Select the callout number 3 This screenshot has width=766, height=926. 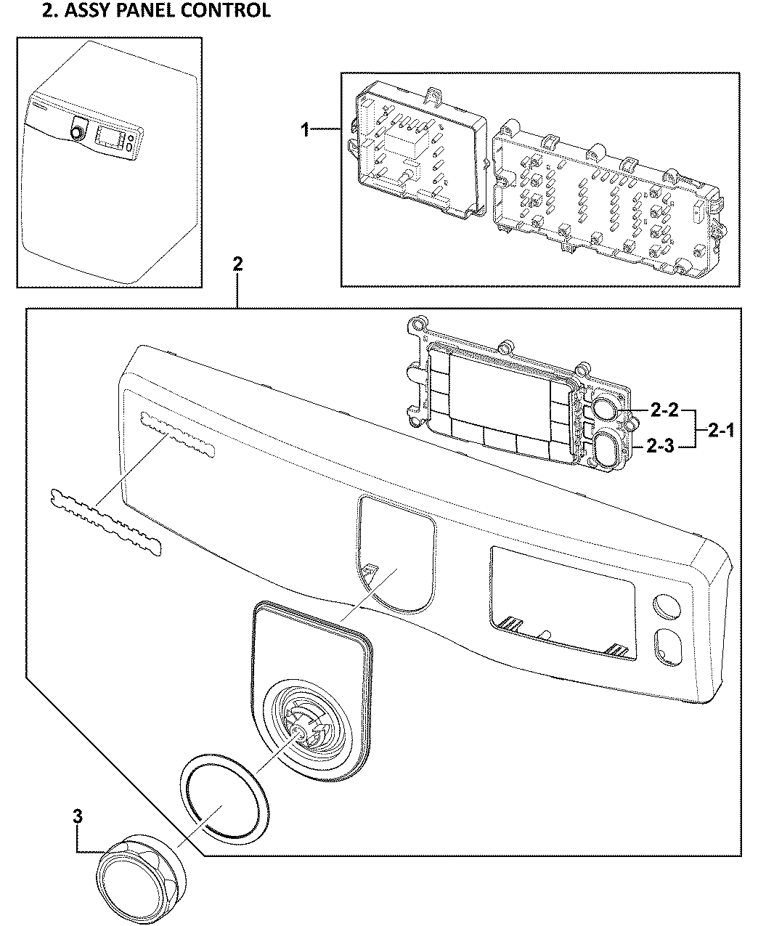78,816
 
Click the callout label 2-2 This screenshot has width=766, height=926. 663,411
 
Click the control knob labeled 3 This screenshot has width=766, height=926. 138,871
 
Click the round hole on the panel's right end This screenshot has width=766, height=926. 665,606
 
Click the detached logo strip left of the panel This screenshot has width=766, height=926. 105,520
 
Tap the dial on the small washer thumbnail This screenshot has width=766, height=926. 77,133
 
